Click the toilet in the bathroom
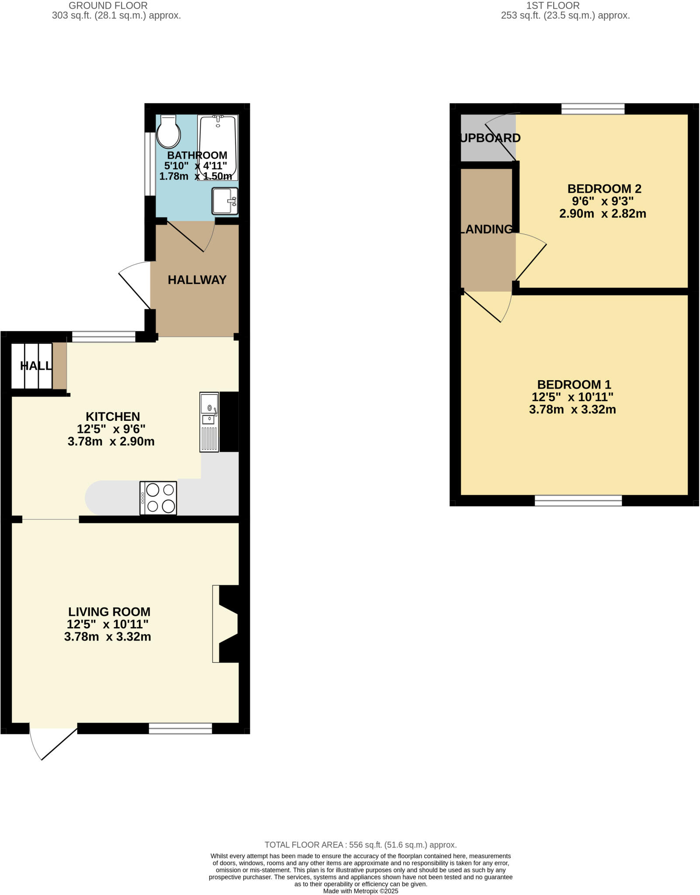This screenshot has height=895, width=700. coord(168,132)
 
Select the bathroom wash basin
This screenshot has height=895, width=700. coord(225,201)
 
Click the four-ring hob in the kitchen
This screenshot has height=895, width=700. coord(158,498)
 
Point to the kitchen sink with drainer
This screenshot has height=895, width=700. coord(209,422)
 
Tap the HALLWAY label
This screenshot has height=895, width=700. coord(197,280)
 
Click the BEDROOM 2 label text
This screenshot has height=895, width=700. coord(604,189)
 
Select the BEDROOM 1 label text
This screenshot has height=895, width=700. coord(574,385)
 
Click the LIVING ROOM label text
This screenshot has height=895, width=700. coord(109,611)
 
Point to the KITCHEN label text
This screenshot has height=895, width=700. coord(113,416)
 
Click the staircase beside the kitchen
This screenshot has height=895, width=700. coord(31,366)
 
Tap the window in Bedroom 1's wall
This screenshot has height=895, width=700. coord(578,501)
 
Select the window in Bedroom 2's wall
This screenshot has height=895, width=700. coord(593,108)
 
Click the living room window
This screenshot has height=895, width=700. coord(180,728)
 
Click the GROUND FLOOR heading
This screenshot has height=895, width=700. coord(108,6)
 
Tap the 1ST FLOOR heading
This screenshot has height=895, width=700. coord(553,6)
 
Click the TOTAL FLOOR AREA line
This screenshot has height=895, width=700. coord(360,845)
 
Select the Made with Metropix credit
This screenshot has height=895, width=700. coord(360,891)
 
